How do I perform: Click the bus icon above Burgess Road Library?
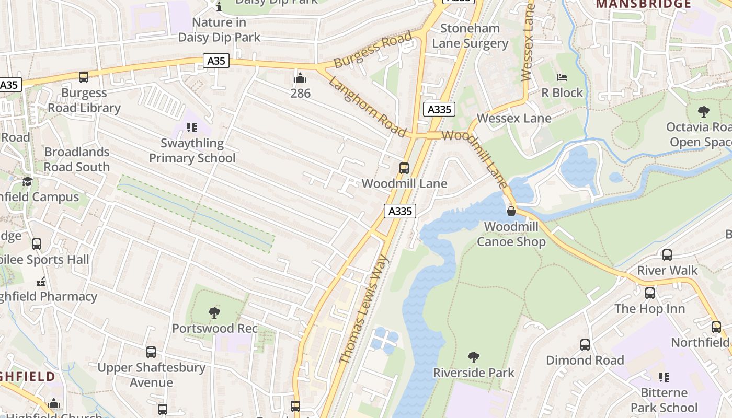[84, 77]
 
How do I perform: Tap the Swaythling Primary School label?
[192, 150]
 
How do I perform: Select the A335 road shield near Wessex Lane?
[439, 109]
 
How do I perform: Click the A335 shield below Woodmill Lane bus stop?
[401, 211]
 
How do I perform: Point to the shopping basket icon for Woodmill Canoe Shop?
[511, 211]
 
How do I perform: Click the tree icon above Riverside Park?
[474, 357]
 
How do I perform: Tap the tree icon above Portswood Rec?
[214, 313]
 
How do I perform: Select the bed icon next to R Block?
[562, 77]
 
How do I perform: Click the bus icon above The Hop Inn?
[650, 293]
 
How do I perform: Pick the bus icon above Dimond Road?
[585, 345]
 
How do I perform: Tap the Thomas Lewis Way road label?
[364, 309]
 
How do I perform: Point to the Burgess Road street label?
[372, 51]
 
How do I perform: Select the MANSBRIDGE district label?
[643, 4]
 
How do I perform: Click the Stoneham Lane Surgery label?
[470, 36]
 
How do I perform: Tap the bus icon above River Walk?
[667, 255]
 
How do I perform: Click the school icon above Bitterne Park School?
[664, 377]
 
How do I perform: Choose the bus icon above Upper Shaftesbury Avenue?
[151, 352]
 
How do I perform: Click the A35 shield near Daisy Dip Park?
[216, 61]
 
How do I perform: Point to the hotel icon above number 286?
[300, 78]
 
